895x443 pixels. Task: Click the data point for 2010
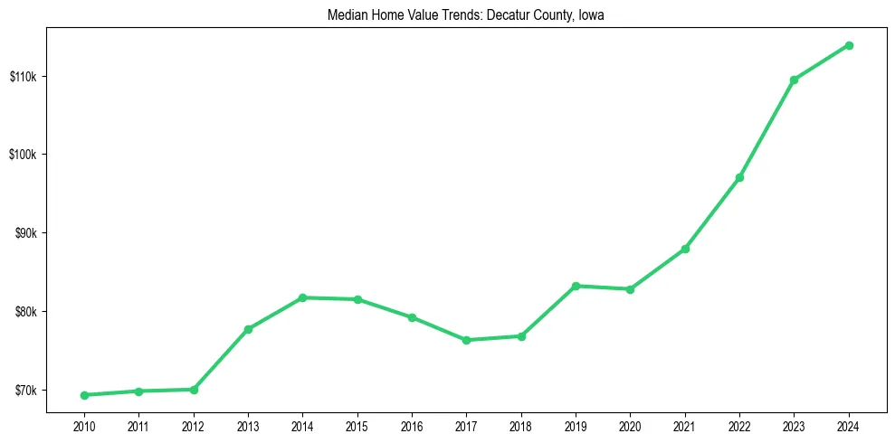coord(84,395)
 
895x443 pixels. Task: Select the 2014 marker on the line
coord(302,297)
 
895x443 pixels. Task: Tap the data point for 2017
coord(466,340)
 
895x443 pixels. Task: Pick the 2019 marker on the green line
coord(576,286)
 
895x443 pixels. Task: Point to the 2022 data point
coord(739,177)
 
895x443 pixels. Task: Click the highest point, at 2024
coord(849,45)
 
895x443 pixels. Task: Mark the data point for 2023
coord(794,80)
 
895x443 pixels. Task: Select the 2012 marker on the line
coord(194,390)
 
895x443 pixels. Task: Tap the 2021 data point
coord(685,249)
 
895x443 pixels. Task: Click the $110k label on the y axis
coord(24,76)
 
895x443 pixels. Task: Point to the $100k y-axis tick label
coord(24,155)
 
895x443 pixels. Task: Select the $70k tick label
coord(25,391)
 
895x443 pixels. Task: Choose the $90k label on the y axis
coord(25,233)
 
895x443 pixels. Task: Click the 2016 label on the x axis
coord(412,425)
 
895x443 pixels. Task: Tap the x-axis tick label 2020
coord(630,425)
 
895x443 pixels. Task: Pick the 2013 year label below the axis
coord(248,425)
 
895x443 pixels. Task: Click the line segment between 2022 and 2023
coord(766,128)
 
